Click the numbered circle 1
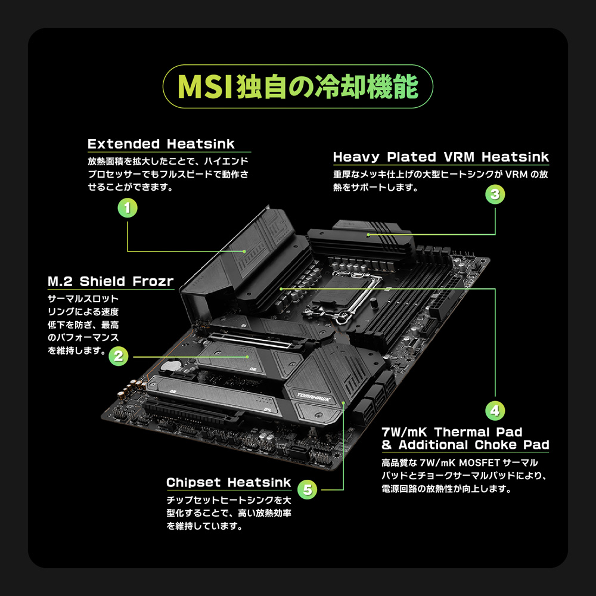[128, 208]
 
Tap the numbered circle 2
[118, 356]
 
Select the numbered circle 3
[495, 194]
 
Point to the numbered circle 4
[495, 410]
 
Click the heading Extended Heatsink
[161, 144]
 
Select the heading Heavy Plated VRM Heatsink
[440, 157]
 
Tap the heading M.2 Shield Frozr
[110, 281]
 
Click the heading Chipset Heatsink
[229, 482]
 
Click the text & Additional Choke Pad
[465, 445]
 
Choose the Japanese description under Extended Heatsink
[168, 174]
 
